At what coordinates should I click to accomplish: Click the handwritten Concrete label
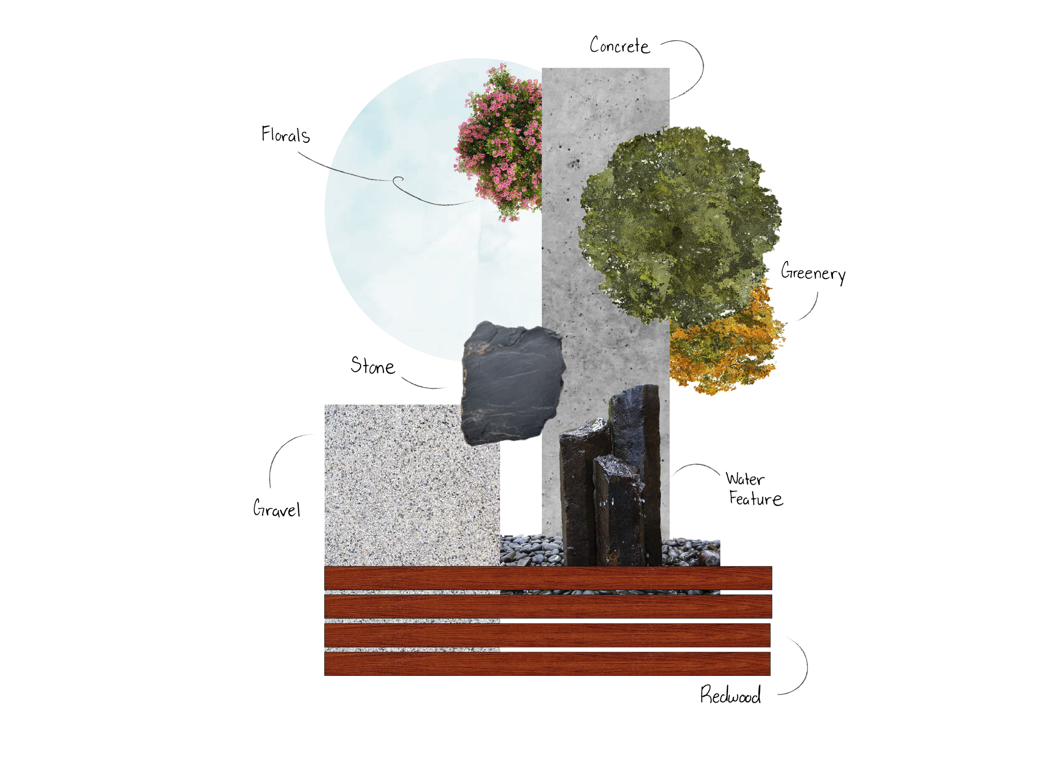tap(619, 46)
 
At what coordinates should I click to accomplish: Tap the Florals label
tap(285, 135)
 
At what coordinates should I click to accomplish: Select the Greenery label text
tap(813, 273)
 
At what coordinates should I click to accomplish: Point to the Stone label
tap(372, 366)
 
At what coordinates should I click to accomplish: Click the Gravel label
tap(277, 509)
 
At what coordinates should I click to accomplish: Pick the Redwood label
tap(730, 695)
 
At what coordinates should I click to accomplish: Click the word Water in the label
tap(745, 479)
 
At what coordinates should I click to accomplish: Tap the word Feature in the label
tap(756, 499)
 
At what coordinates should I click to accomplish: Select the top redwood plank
tap(548, 578)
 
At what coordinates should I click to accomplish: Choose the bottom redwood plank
tap(548, 664)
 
